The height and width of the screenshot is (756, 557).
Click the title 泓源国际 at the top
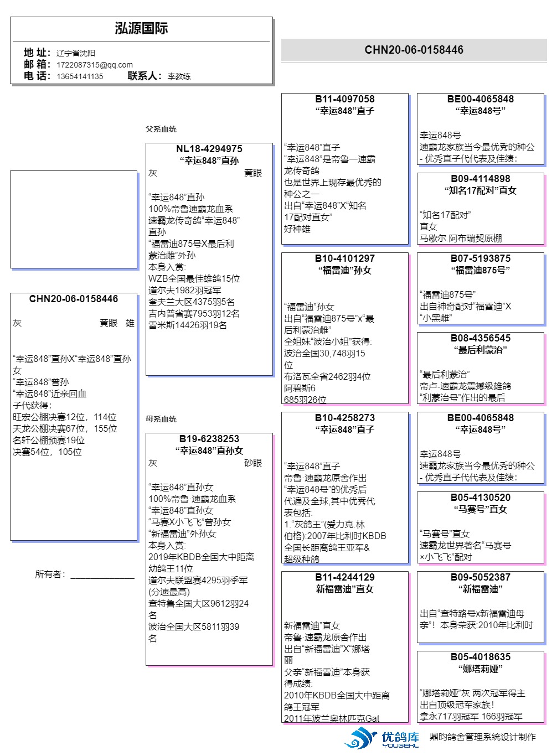(141, 29)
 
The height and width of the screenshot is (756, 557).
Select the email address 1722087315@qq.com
(95, 65)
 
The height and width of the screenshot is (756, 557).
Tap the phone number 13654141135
(80, 76)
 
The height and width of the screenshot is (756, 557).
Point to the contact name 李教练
(179, 76)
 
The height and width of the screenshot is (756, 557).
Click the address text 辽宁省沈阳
(76, 53)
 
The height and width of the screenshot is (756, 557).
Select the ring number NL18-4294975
(209, 149)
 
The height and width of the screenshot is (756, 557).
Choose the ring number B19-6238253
(209, 439)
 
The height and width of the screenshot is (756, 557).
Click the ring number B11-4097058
(345, 99)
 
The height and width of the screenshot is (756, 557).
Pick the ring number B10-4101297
(345, 258)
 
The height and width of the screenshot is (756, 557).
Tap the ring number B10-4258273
(345, 418)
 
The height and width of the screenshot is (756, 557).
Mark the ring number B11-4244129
(345, 577)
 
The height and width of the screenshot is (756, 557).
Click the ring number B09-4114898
(481, 179)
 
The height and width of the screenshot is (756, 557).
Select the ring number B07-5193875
(481, 258)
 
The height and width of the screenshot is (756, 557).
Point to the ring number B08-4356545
(481, 338)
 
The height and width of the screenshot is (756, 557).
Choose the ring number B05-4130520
(481, 498)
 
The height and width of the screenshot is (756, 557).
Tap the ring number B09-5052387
(481, 577)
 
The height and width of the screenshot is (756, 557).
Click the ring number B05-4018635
(481, 657)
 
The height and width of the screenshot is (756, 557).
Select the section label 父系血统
(161, 129)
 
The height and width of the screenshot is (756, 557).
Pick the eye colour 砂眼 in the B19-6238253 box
(253, 463)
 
